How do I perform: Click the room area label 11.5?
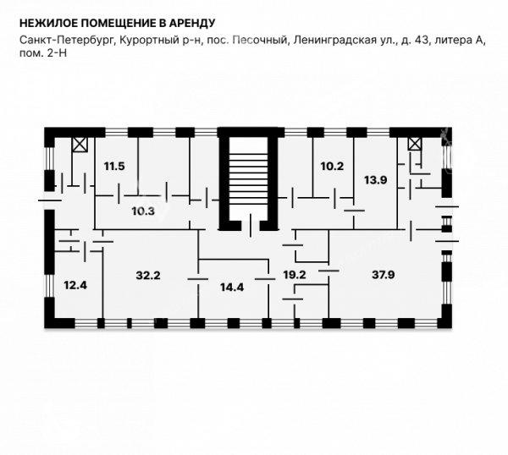pyautogui.click(x=114, y=167)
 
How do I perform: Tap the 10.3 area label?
pyautogui.click(x=143, y=211)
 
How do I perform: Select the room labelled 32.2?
pyautogui.click(x=148, y=276)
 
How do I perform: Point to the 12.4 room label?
pyautogui.click(x=75, y=285)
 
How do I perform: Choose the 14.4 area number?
pyautogui.click(x=232, y=287)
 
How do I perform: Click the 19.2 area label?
pyautogui.click(x=295, y=275)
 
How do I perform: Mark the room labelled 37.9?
pyautogui.click(x=384, y=275)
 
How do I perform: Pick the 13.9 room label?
pyautogui.click(x=375, y=180)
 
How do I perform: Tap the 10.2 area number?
pyautogui.click(x=332, y=167)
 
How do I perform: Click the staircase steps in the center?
pyautogui.click(x=249, y=178)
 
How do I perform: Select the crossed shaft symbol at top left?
pyautogui.click(x=80, y=145)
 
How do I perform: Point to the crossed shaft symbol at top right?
pyautogui.click(x=415, y=144)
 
